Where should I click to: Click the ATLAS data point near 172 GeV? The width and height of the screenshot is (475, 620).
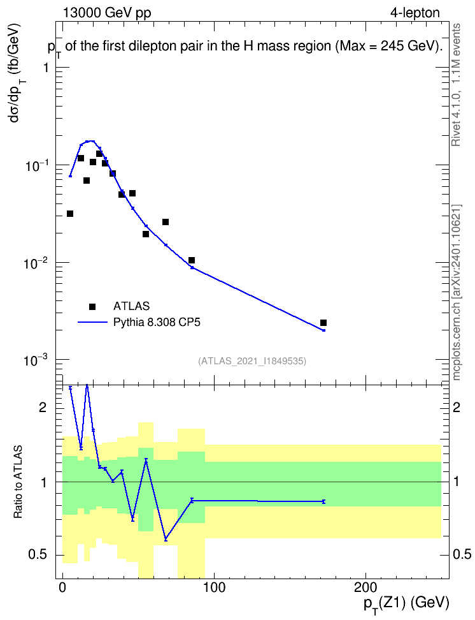323,323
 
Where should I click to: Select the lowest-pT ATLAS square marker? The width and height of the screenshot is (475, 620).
70,214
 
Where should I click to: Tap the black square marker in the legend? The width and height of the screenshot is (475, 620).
92,306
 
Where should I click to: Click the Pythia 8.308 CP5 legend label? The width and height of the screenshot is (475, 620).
157,322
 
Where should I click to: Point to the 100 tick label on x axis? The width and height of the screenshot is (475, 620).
214,587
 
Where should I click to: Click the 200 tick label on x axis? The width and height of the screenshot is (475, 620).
365,587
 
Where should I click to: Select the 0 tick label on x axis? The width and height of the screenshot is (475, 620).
62,587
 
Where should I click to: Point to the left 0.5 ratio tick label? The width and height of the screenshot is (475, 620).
38,554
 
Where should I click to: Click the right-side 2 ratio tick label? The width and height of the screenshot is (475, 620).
457,407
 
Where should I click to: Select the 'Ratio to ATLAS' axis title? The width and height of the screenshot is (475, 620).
18,482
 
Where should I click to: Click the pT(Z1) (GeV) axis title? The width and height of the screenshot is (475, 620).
406,604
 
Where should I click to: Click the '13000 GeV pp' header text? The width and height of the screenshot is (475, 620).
107,13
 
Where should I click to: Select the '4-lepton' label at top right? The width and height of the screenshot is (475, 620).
415,13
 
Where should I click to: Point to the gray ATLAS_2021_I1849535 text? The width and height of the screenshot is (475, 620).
252,361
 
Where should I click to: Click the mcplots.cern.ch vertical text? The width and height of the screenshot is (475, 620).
457,293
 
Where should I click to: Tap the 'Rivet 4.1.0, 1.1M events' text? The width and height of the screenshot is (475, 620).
456,85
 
